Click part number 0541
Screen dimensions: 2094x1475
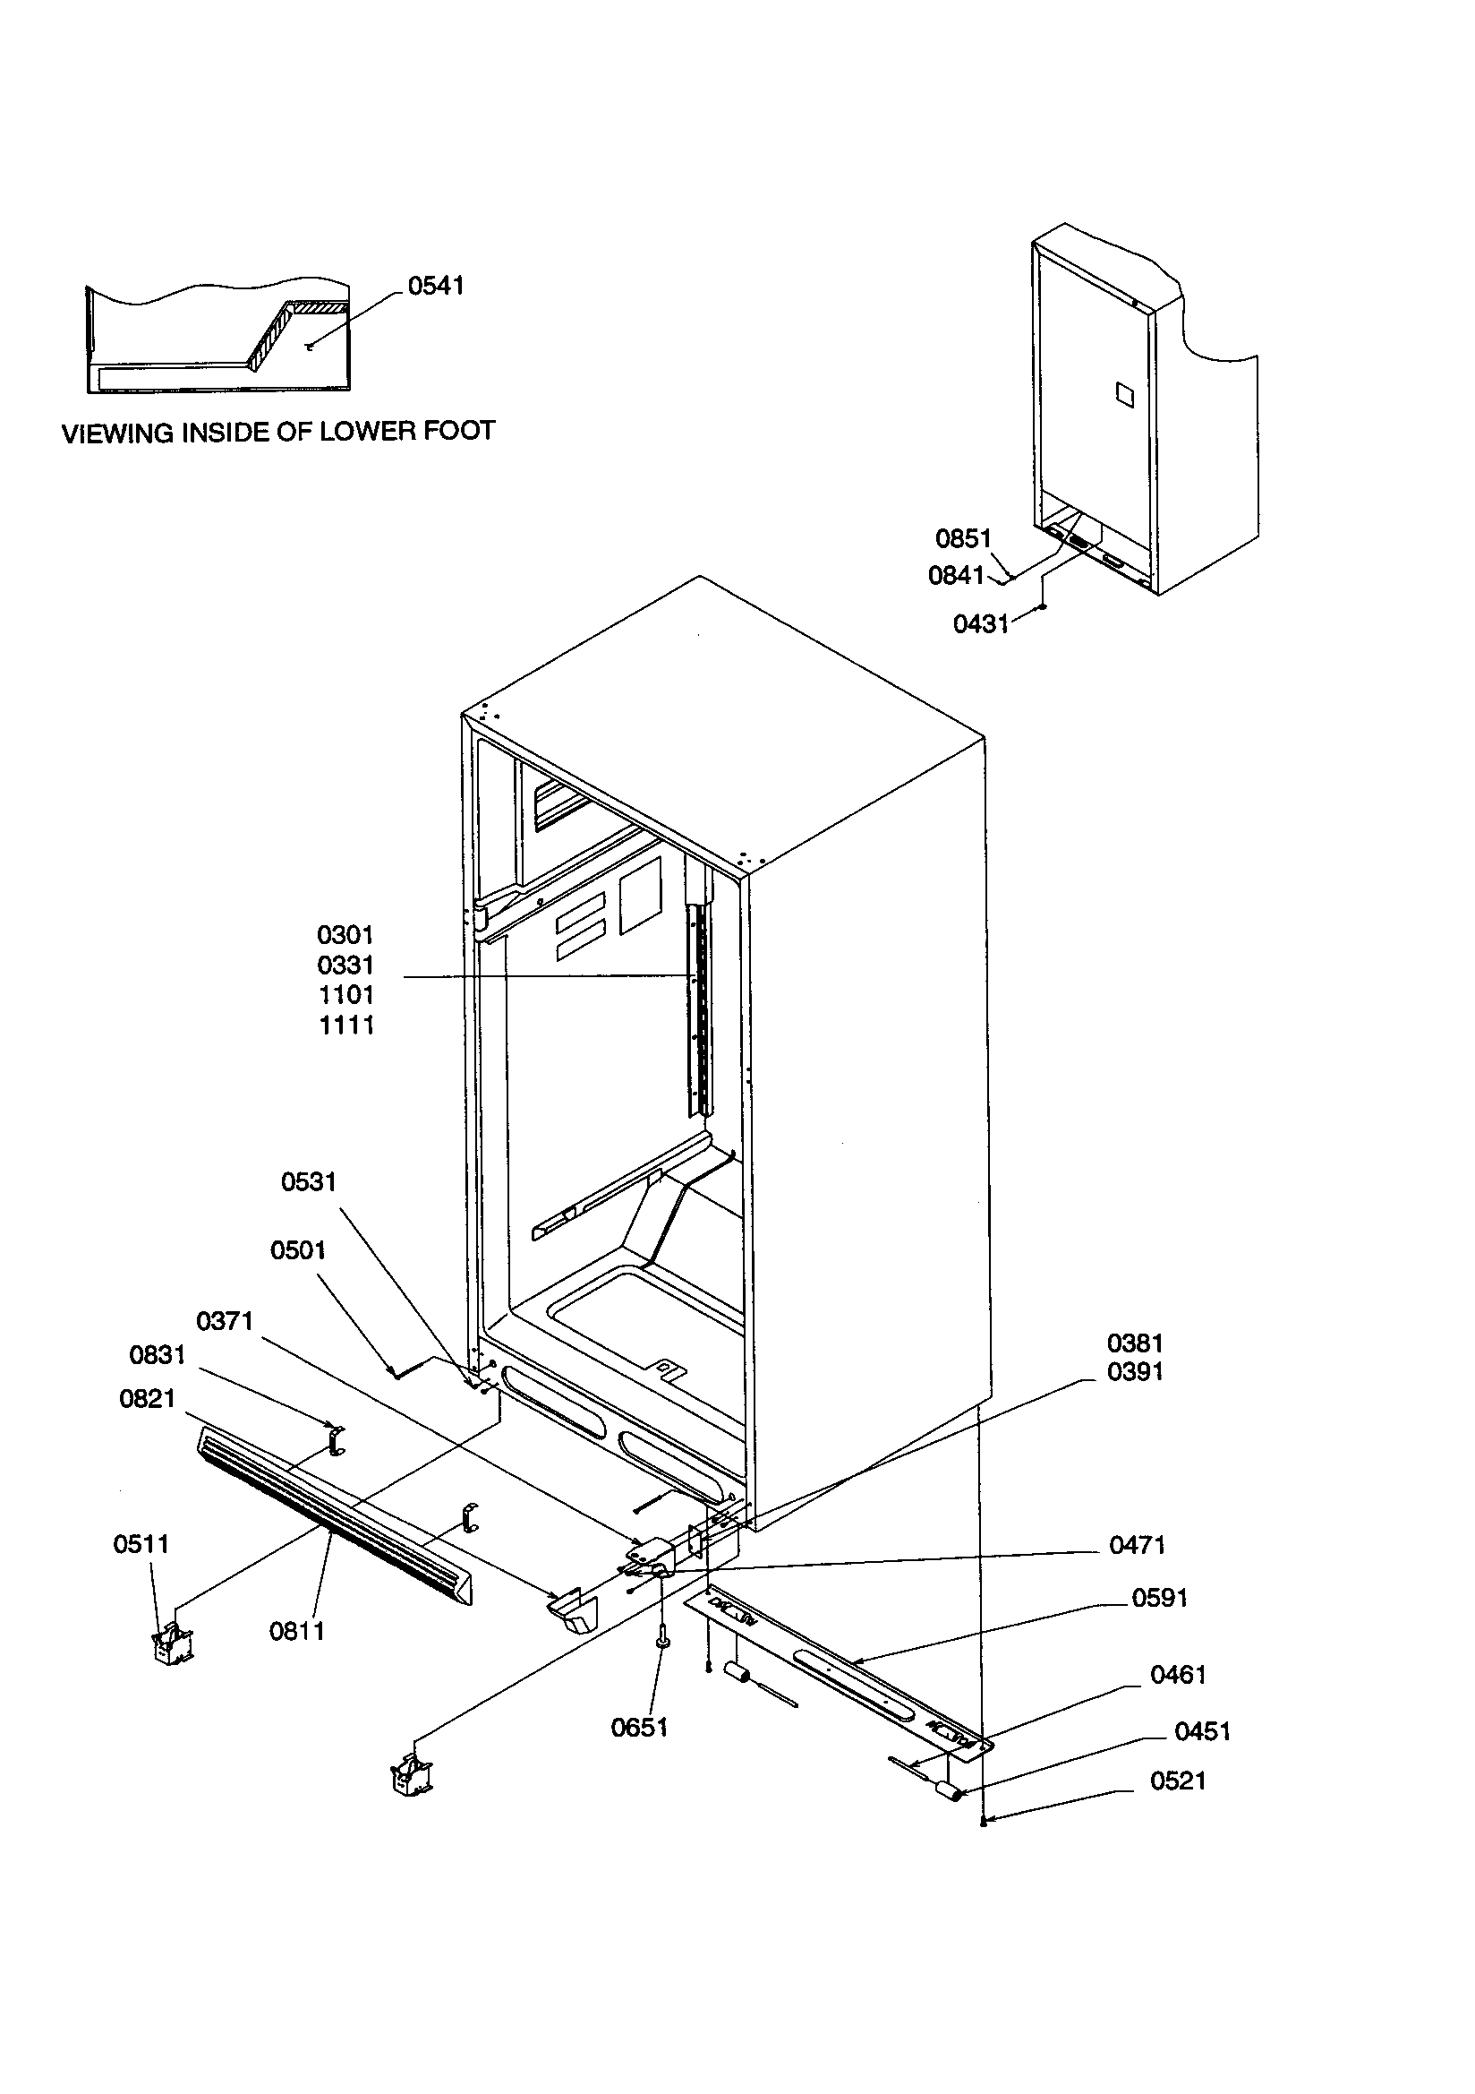click(x=436, y=286)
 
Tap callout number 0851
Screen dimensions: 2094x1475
click(x=963, y=539)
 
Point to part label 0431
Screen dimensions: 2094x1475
click(x=981, y=624)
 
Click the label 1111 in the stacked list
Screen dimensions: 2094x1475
click(x=346, y=1026)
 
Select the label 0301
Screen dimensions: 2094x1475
click(x=345, y=935)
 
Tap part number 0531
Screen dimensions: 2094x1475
click(x=308, y=1182)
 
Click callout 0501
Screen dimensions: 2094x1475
click(x=298, y=1250)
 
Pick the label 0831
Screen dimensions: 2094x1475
click(x=157, y=1355)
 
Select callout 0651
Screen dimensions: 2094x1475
click(x=639, y=1729)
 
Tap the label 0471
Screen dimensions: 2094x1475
click(x=1137, y=1545)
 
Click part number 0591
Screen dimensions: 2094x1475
click(x=1160, y=1598)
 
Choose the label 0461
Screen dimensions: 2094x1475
click(x=1178, y=1675)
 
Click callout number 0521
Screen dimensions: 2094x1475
click(x=1178, y=1781)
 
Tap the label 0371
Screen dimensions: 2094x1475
click(x=225, y=1320)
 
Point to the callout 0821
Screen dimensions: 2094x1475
click(x=147, y=1399)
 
